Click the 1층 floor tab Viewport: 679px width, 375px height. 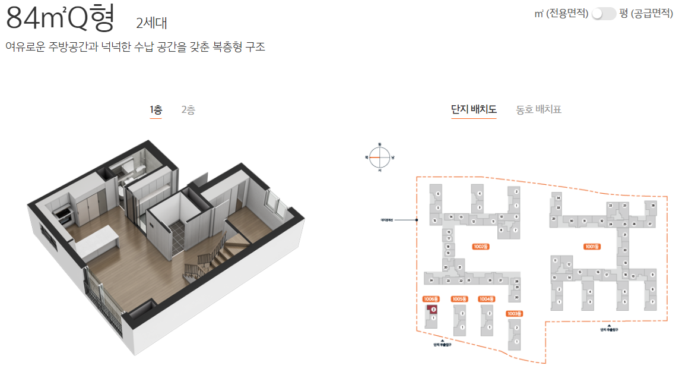[x=156, y=110]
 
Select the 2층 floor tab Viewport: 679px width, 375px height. [x=188, y=110]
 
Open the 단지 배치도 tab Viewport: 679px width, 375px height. [x=474, y=109]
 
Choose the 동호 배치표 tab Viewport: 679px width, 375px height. [x=538, y=109]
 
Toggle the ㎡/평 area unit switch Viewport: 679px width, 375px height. [x=604, y=13]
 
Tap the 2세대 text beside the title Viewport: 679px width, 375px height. [x=152, y=23]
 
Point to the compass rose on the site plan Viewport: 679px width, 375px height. [x=380, y=157]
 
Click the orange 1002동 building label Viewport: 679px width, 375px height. [x=481, y=246]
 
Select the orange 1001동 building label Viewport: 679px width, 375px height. [x=592, y=246]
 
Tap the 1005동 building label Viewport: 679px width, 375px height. [x=459, y=299]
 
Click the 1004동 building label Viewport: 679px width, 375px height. [x=487, y=299]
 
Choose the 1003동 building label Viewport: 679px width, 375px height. [x=514, y=313]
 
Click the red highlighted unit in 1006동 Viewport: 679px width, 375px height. [x=434, y=309]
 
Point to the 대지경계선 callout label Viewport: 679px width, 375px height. [x=388, y=220]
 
